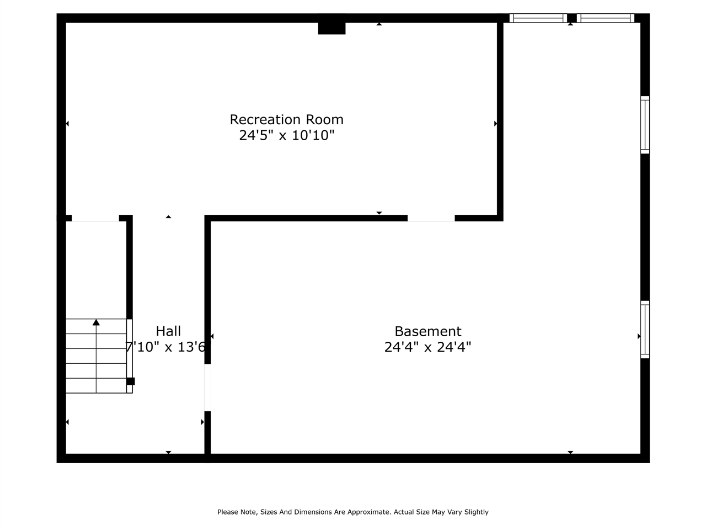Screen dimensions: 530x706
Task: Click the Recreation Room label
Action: tap(286, 119)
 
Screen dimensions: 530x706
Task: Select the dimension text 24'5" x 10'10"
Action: tap(286, 135)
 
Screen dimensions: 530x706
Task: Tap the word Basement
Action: tap(427, 331)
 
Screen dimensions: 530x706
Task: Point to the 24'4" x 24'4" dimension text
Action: tap(427, 347)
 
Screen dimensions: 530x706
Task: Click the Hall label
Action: tap(168, 331)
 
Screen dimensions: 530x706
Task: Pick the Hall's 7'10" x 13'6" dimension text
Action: tap(168, 347)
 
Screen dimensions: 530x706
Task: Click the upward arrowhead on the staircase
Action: tap(97, 322)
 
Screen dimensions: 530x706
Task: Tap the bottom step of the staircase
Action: tap(97, 385)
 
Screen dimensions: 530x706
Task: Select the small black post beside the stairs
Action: tap(131, 381)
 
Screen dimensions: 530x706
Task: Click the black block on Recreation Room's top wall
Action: tap(331, 28)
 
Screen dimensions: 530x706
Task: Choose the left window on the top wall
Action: tap(538, 18)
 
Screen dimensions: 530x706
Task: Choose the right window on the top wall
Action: tap(605, 18)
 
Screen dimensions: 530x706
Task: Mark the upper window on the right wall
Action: tap(645, 125)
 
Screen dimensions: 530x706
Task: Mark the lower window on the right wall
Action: tap(645, 330)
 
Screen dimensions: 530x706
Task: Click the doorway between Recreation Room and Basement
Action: tap(431, 218)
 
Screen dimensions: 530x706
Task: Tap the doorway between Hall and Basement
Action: tap(208, 388)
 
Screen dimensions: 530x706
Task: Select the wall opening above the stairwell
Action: tap(95, 218)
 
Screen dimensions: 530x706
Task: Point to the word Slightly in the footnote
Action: tap(475, 512)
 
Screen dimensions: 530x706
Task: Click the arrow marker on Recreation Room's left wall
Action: tap(67, 124)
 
